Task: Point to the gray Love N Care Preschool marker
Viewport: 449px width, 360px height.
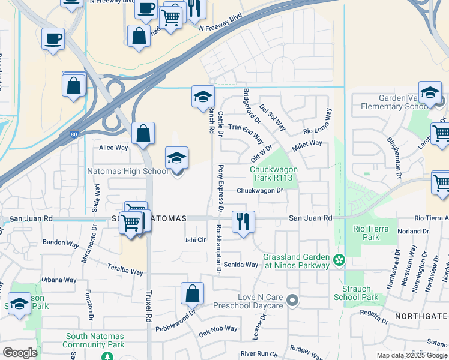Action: tap(292, 300)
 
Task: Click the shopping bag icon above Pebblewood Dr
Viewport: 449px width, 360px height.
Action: tap(193, 294)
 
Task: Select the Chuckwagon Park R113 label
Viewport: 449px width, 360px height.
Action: tap(274, 173)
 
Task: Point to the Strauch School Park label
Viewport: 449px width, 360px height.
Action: tap(356, 293)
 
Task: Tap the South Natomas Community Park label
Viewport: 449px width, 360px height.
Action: tap(95, 341)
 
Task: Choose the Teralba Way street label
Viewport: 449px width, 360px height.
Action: tap(124, 269)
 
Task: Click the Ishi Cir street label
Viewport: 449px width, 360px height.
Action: tap(195, 239)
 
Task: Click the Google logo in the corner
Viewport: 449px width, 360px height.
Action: tap(20, 353)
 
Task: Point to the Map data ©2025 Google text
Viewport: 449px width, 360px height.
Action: tap(412, 355)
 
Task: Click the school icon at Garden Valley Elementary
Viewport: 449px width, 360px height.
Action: tap(430, 93)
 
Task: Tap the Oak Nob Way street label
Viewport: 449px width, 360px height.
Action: tap(218, 329)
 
